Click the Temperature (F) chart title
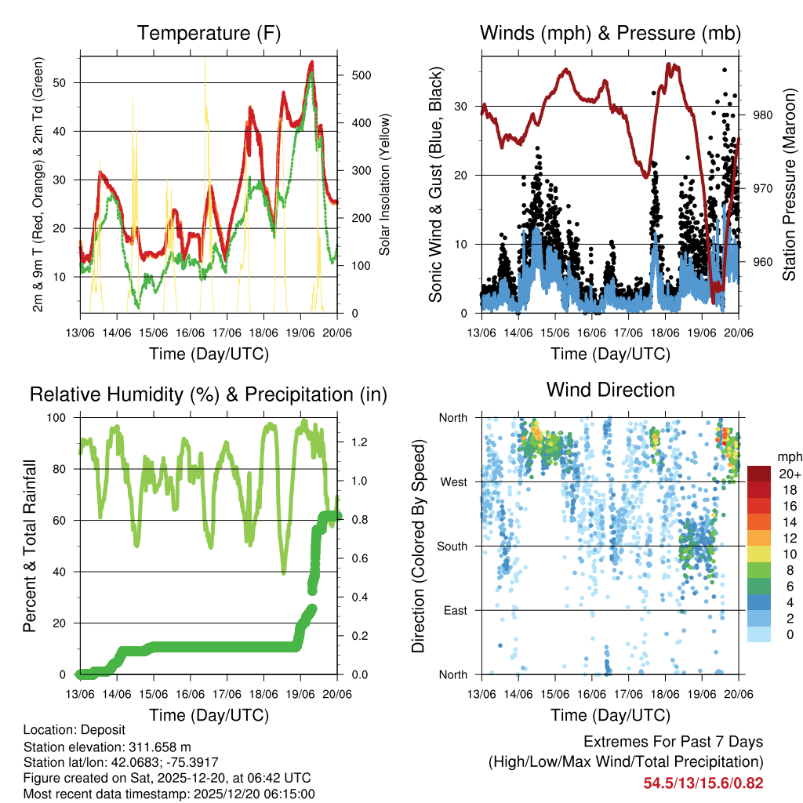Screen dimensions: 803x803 209,34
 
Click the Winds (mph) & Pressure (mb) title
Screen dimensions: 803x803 610,34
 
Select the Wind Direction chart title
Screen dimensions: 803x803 610,390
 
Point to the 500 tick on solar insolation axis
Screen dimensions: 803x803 353,75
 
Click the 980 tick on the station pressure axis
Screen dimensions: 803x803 763,115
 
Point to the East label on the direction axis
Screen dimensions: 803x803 455,610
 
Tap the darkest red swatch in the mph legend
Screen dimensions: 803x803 759,474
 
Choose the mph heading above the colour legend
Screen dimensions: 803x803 787,456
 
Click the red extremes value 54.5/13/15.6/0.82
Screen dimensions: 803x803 703,783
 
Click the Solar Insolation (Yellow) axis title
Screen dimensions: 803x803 385,184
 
